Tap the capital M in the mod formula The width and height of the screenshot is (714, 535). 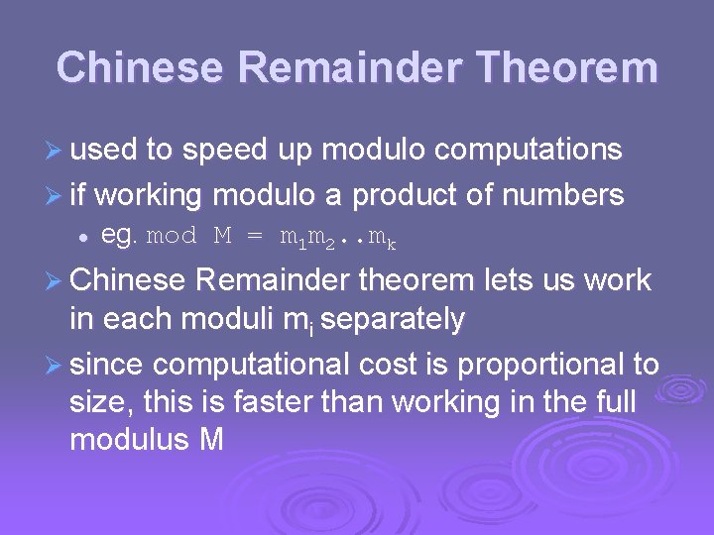click(x=223, y=237)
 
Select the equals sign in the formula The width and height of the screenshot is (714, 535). click(x=255, y=237)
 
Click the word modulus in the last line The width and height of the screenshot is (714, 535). click(x=129, y=439)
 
